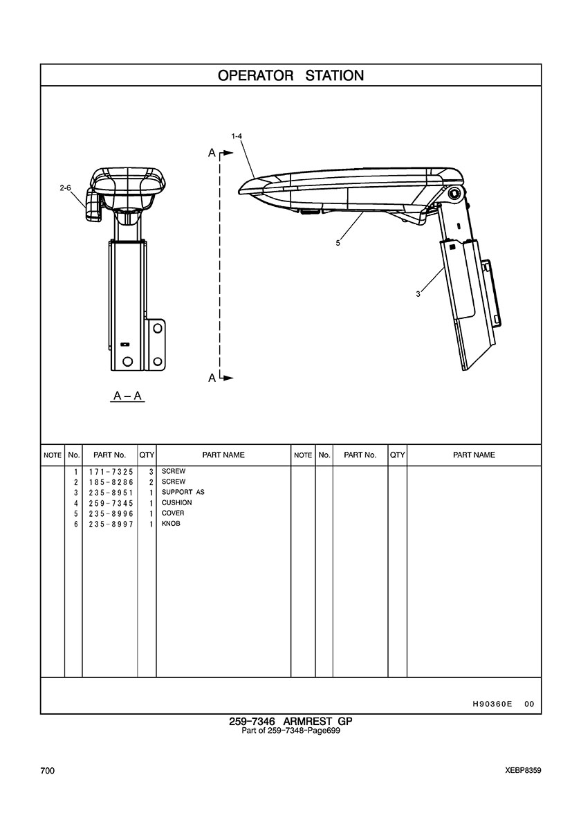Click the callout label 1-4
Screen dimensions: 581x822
[x=237, y=136]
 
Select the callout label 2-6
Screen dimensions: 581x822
[x=65, y=187]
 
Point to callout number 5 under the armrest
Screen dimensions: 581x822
[x=338, y=243]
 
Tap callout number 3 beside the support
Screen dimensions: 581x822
[x=418, y=294]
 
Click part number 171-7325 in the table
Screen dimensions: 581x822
[x=111, y=472]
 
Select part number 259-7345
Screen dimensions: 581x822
[x=111, y=503]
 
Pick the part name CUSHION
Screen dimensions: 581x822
[x=176, y=503]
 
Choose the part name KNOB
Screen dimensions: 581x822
[x=171, y=524]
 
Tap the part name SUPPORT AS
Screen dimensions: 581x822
[x=183, y=492]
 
